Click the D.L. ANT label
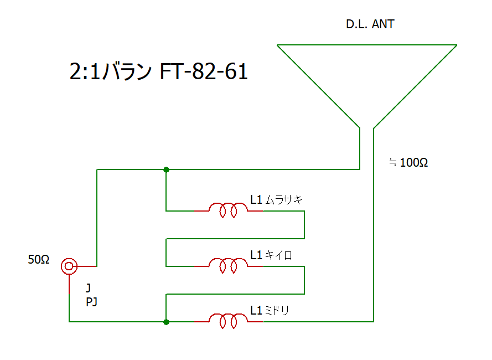click(x=370, y=24)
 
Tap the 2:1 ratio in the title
click(x=85, y=71)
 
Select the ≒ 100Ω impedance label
click(x=408, y=162)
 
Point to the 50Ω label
click(x=39, y=259)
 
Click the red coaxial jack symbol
click(x=69, y=266)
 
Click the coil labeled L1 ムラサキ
click(x=229, y=210)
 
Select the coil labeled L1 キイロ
click(x=229, y=266)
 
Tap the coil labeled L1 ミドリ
click(x=229, y=321)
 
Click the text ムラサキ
click(x=284, y=199)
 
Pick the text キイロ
click(x=278, y=255)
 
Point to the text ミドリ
click(x=277, y=310)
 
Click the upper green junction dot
click(x=166, y=169)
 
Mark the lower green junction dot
click(x=166, y=322)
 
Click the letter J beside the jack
click(x=88, y=288)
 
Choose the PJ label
click(x=91, y=302)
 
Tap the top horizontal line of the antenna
click(x=367, y=45)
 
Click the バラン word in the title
click(x=128, y=71)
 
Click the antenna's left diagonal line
click(x=318, y=86)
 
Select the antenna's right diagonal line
click(x=415, y=86)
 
